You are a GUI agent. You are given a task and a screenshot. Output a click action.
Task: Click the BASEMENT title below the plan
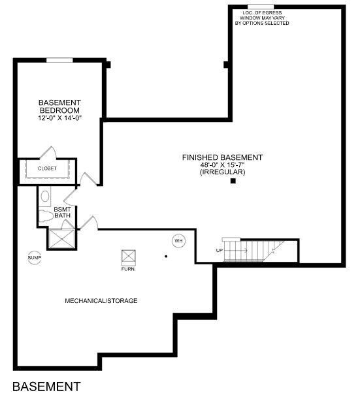point(46,386)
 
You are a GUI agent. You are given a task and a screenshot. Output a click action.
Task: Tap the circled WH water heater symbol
point(178,241)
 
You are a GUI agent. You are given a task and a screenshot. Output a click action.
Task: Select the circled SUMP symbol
point(34,258)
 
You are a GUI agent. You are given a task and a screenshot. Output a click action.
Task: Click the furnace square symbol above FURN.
point(128,256)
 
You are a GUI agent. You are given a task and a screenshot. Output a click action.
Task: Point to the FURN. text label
point(128,268)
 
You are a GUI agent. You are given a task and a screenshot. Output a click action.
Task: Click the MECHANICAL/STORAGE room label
point(101,300)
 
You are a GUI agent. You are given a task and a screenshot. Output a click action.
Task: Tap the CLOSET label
point(47,168)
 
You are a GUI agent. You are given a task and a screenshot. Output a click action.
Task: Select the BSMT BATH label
point(62,212)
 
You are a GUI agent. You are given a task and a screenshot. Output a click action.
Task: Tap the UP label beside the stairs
point(220,251)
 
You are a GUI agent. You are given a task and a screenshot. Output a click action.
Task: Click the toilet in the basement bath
point(46,216)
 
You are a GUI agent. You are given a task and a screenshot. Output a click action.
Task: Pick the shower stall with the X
point(61,238)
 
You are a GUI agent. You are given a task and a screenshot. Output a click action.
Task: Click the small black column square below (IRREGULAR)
point(233,182)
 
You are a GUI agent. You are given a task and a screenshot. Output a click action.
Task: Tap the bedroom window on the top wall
point(59,60)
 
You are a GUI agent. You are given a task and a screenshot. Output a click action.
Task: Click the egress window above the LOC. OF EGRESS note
point(261,7)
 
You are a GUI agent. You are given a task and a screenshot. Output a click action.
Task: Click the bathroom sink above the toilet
point(45,195)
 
